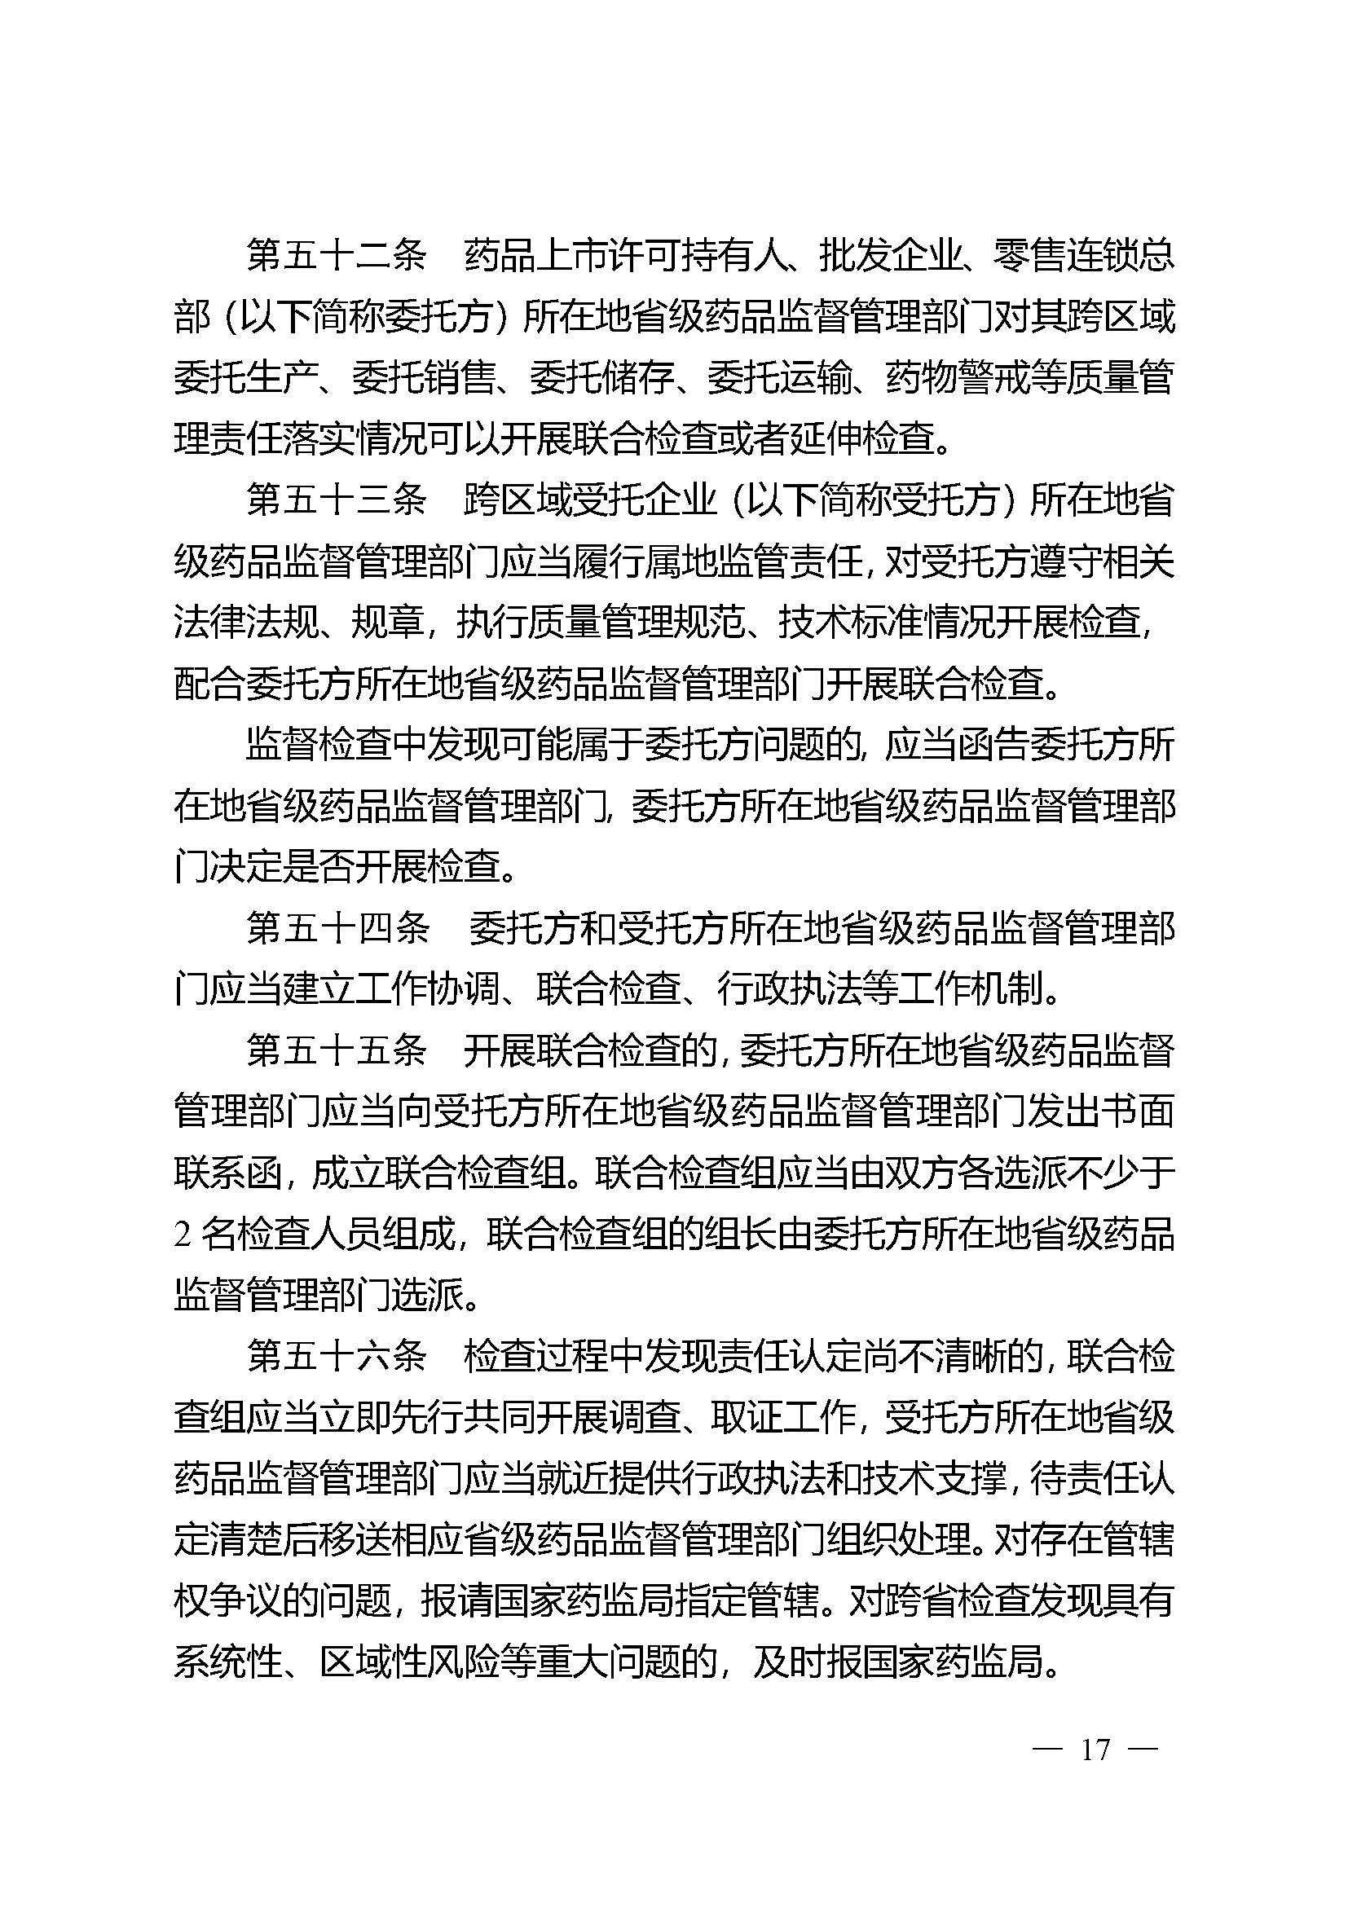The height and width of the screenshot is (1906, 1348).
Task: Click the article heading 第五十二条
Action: [336, 257]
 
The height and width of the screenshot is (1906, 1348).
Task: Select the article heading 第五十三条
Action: [336, 501]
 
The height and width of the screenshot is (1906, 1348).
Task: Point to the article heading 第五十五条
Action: [336, 1051]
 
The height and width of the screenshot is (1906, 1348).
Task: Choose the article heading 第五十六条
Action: [336, 1357]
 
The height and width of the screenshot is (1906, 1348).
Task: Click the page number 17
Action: [1095, 1750]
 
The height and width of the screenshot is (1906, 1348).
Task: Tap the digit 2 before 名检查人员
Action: [183, 1235]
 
